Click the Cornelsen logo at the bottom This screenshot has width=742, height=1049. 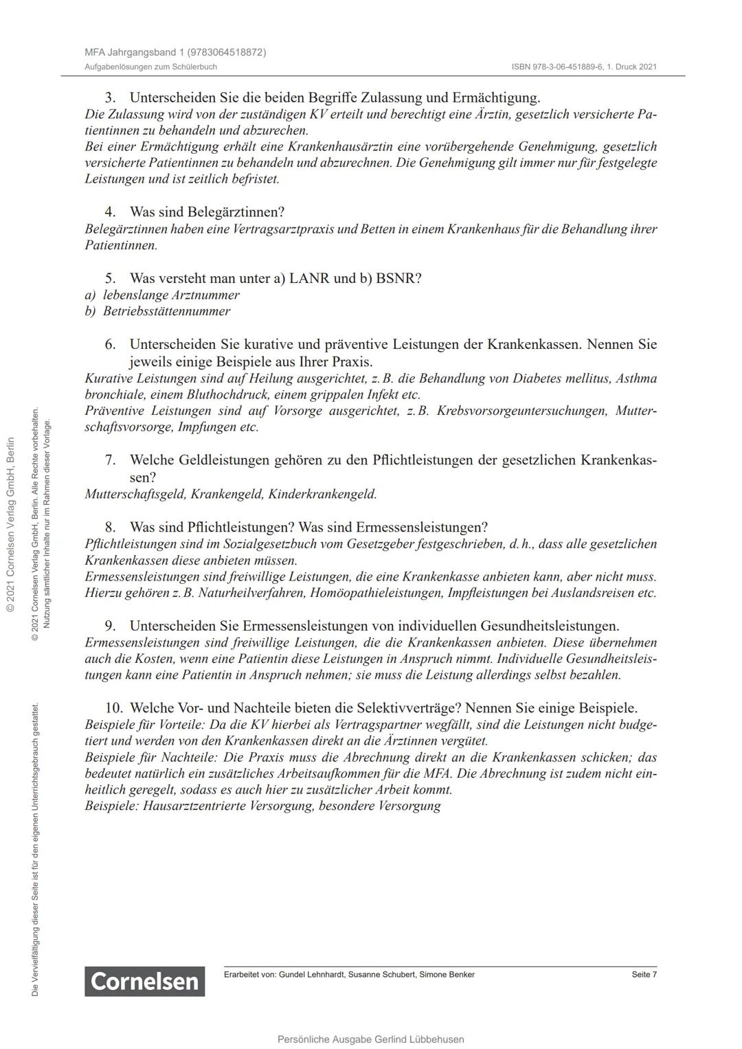pos(145,981)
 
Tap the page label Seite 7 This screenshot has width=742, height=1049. pos(644,974)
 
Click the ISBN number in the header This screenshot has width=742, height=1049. pos(584,67)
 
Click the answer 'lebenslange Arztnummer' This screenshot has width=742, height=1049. pos(171,295)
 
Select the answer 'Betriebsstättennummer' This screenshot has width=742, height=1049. pos(166,311)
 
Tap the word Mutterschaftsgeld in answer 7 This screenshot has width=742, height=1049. pos(135,494)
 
